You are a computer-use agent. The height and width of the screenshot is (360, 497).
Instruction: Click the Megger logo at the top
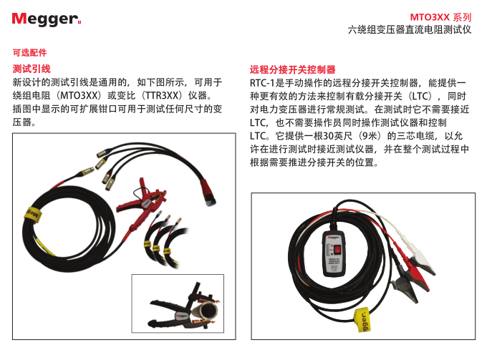pyautogui.click(x=47, y=19)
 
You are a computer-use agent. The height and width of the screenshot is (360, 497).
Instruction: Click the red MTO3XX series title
pyautogui.click(x=440, y=17)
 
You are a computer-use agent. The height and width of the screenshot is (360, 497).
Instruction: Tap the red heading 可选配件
pyautogui.click(x=29, y=53)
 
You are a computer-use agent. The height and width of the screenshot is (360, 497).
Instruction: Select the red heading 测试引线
pyautogui.click(x=32, y=69)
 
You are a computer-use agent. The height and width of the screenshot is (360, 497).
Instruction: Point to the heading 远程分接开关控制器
pyautogui.click(x=292, y=69)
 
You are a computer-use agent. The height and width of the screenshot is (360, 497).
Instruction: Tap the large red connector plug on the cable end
pyautogui.click(x=208, y=193)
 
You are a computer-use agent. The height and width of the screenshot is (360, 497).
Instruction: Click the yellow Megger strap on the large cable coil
pyautogui.click(x=32, y=215)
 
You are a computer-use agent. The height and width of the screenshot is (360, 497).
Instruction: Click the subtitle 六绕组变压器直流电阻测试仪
pyautogui.click(x=410, y=30)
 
